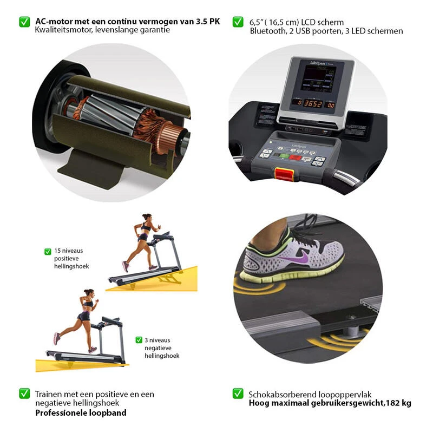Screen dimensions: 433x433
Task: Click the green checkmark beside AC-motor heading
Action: (x=24, y=22)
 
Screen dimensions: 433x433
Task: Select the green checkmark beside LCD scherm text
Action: (x=238, y=22)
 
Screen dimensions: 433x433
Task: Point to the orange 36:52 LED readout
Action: (x=312, y=103)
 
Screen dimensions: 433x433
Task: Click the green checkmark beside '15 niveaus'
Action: (x=48, y=251)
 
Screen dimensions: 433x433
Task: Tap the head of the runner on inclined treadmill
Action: (x=146, y=218)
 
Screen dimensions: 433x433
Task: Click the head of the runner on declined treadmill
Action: (x=89, y=293)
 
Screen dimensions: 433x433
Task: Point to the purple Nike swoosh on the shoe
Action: (x=303, y=258)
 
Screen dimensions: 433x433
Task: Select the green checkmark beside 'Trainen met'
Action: (x=24, y=393)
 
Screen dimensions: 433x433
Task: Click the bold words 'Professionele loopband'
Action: (x=81, y=413)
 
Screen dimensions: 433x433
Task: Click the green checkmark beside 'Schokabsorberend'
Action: (x=238, y=393)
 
